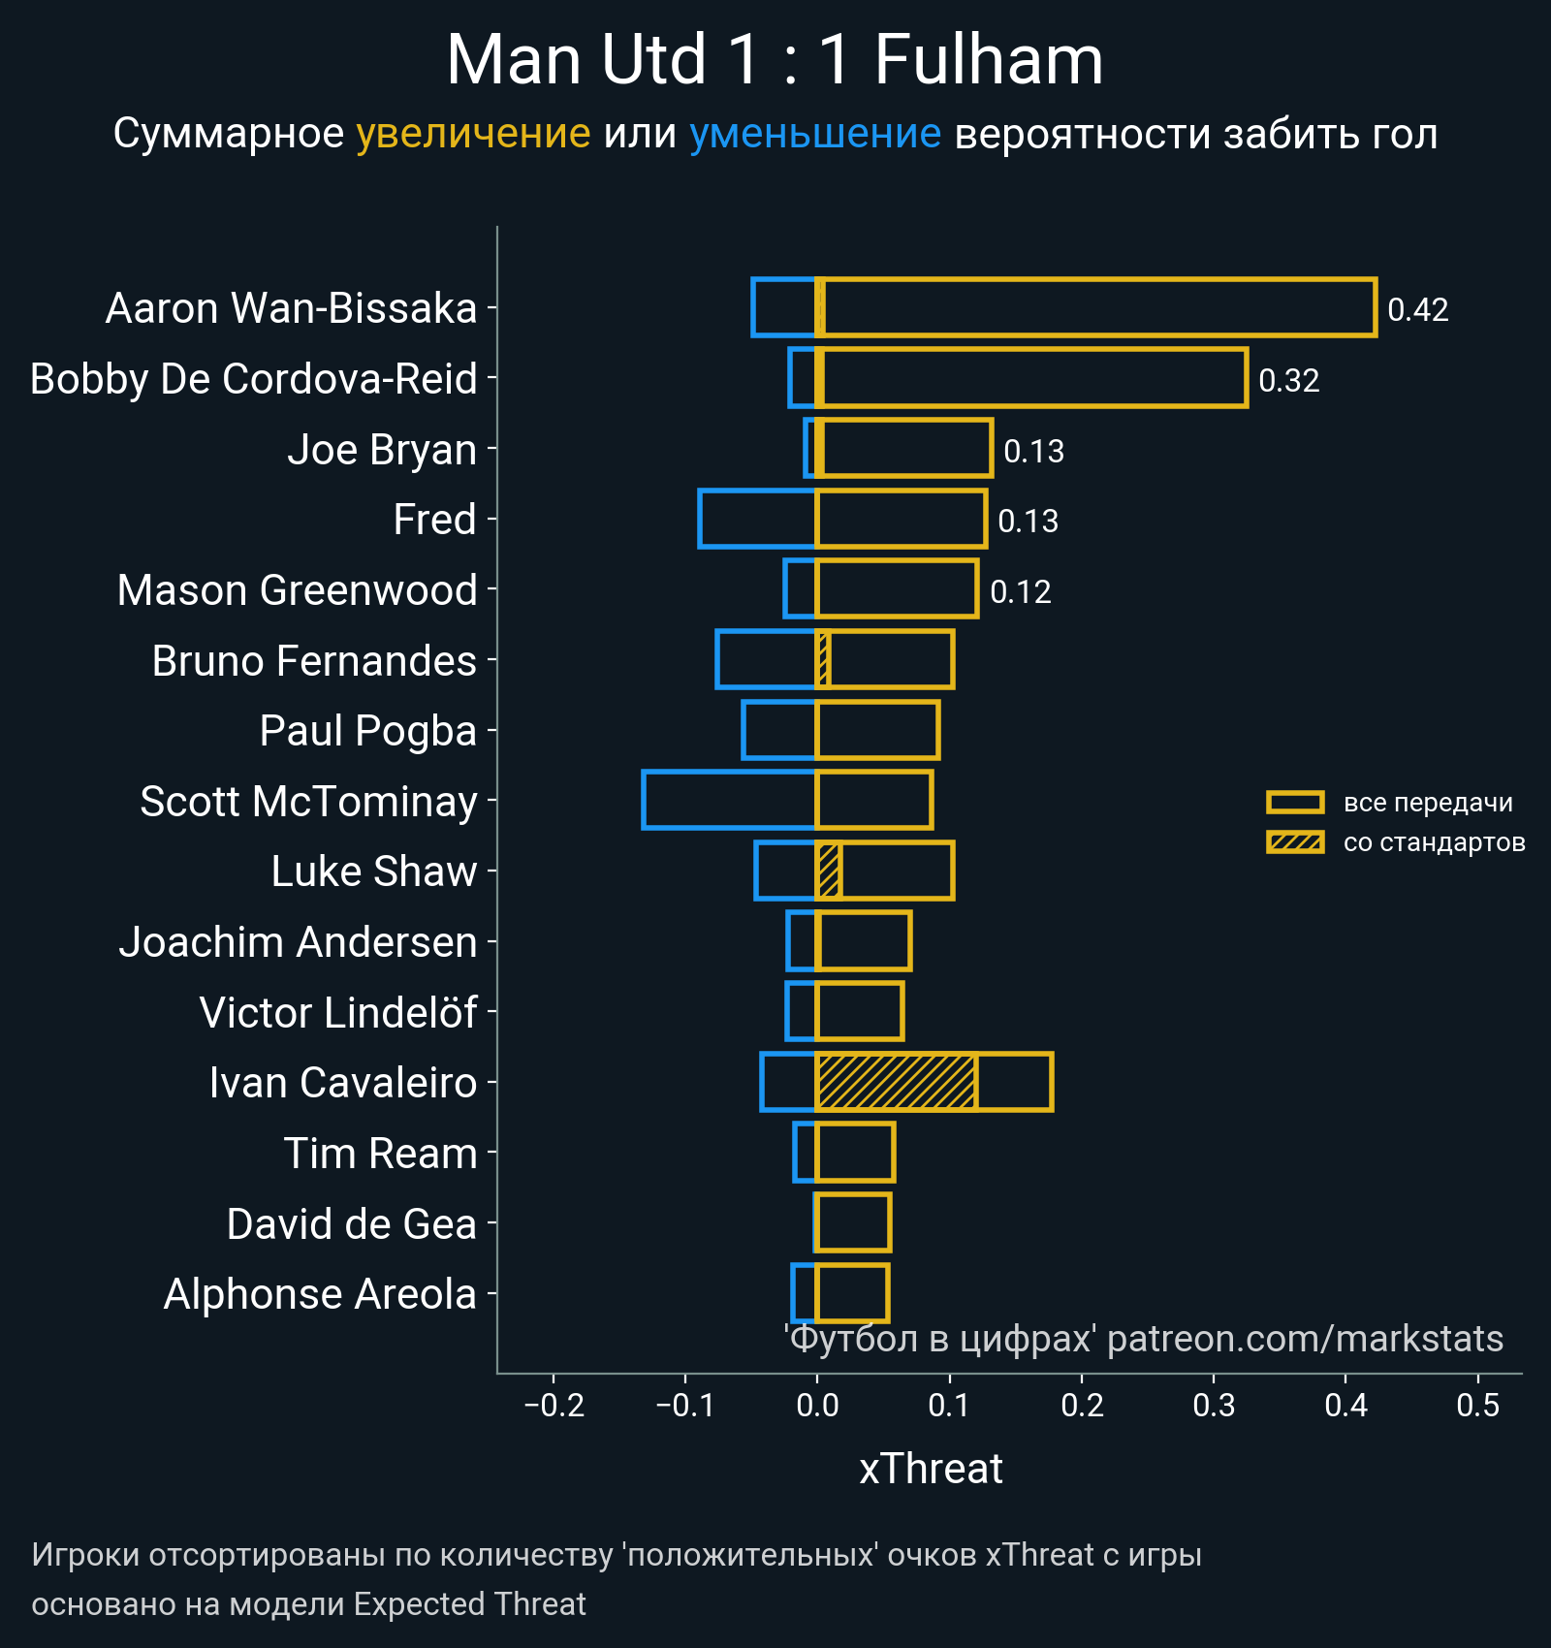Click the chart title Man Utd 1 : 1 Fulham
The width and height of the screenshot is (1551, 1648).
click(x=775, y=60)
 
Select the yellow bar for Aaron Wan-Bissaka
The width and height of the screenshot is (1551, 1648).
click(x=1095, y=307)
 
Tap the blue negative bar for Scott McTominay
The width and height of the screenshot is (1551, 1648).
click(x=729, y=801)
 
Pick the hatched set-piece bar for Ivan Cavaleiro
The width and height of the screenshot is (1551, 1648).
click(x=896, y=1082)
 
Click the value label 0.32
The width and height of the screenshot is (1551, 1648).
click(x=1288, y=380)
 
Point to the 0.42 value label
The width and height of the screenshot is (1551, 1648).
click(x=1417, y=309)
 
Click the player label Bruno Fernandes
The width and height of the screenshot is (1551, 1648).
click(x=314, y=661)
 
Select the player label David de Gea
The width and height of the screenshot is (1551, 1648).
click(x=351, y=1224)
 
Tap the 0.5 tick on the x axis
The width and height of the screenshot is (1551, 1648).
click(x=1477, y=1405)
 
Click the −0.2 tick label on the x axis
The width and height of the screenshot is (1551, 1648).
click(x=554, y=1405)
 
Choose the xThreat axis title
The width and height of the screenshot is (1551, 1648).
click(x=931, y=1469)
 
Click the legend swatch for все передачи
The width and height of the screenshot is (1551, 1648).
click(x=1294, y=803)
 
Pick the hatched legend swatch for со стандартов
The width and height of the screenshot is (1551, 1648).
click(x=1294, y=842)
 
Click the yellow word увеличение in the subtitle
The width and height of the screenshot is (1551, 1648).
click(x=473, y=134)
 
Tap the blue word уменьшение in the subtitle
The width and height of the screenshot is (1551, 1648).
click(x=814, y=134)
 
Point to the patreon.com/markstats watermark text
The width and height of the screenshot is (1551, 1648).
click(x=1305, y=1339)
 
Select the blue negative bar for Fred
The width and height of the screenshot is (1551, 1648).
click(x=757, y=519)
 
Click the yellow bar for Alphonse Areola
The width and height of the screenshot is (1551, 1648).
click(x=852, y=1293)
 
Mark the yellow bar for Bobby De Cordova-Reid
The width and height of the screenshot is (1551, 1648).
click(x=1032, y=378)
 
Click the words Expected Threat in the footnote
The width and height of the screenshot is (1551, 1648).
click(x=469, y=1604)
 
